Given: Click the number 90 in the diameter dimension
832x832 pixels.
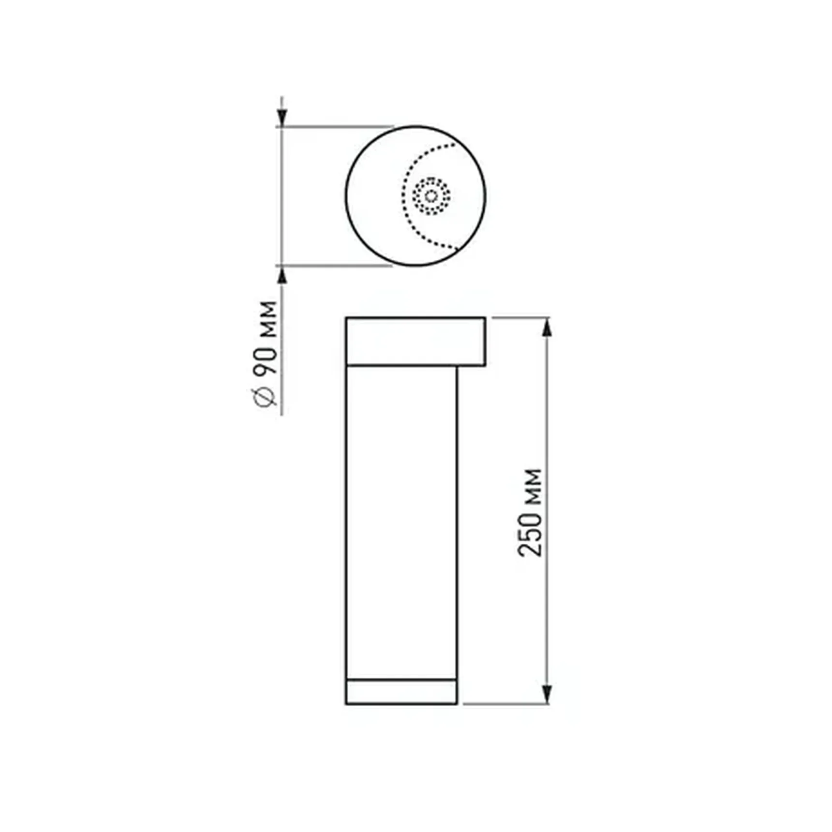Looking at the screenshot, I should pyautogui.click(x=265, y=360).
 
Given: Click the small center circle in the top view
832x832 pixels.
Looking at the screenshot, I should pyautogui.click(x=431, y=196).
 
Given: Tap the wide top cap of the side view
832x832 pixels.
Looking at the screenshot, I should pyautogui.click(x=406, y=341).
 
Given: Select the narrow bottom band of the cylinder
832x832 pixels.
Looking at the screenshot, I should pyautogui.click(x=401, y=692).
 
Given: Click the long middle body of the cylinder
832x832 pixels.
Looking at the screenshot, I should pyautogui.click(x=401, y=522).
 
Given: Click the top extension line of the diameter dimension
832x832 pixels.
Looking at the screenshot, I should pyautogui.click(x=334, y=127).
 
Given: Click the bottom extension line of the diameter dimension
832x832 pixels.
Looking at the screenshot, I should pyautogui.click(x=334, y=266).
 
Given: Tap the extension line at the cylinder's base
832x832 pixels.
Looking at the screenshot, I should pyautogui.click(x=505, y=704).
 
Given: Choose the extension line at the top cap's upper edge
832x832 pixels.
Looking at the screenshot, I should pyautogui.click(x=520, y=318).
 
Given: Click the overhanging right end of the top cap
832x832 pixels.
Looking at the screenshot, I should pyautogui.click(x=472, y=341).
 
